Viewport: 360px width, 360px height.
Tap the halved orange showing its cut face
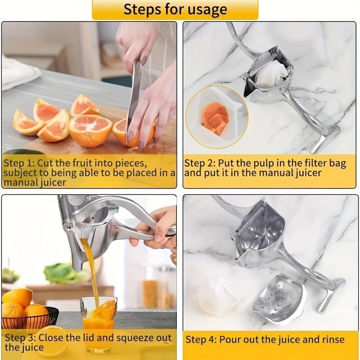(x=90, y=130)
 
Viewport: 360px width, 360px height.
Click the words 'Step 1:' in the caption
(x=19, y=162)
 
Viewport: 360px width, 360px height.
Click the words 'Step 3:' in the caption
(x=19, y=337)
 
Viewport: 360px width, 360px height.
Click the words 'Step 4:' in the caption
(x=201, y=339)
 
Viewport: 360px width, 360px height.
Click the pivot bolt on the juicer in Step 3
(x=68, y=226)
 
